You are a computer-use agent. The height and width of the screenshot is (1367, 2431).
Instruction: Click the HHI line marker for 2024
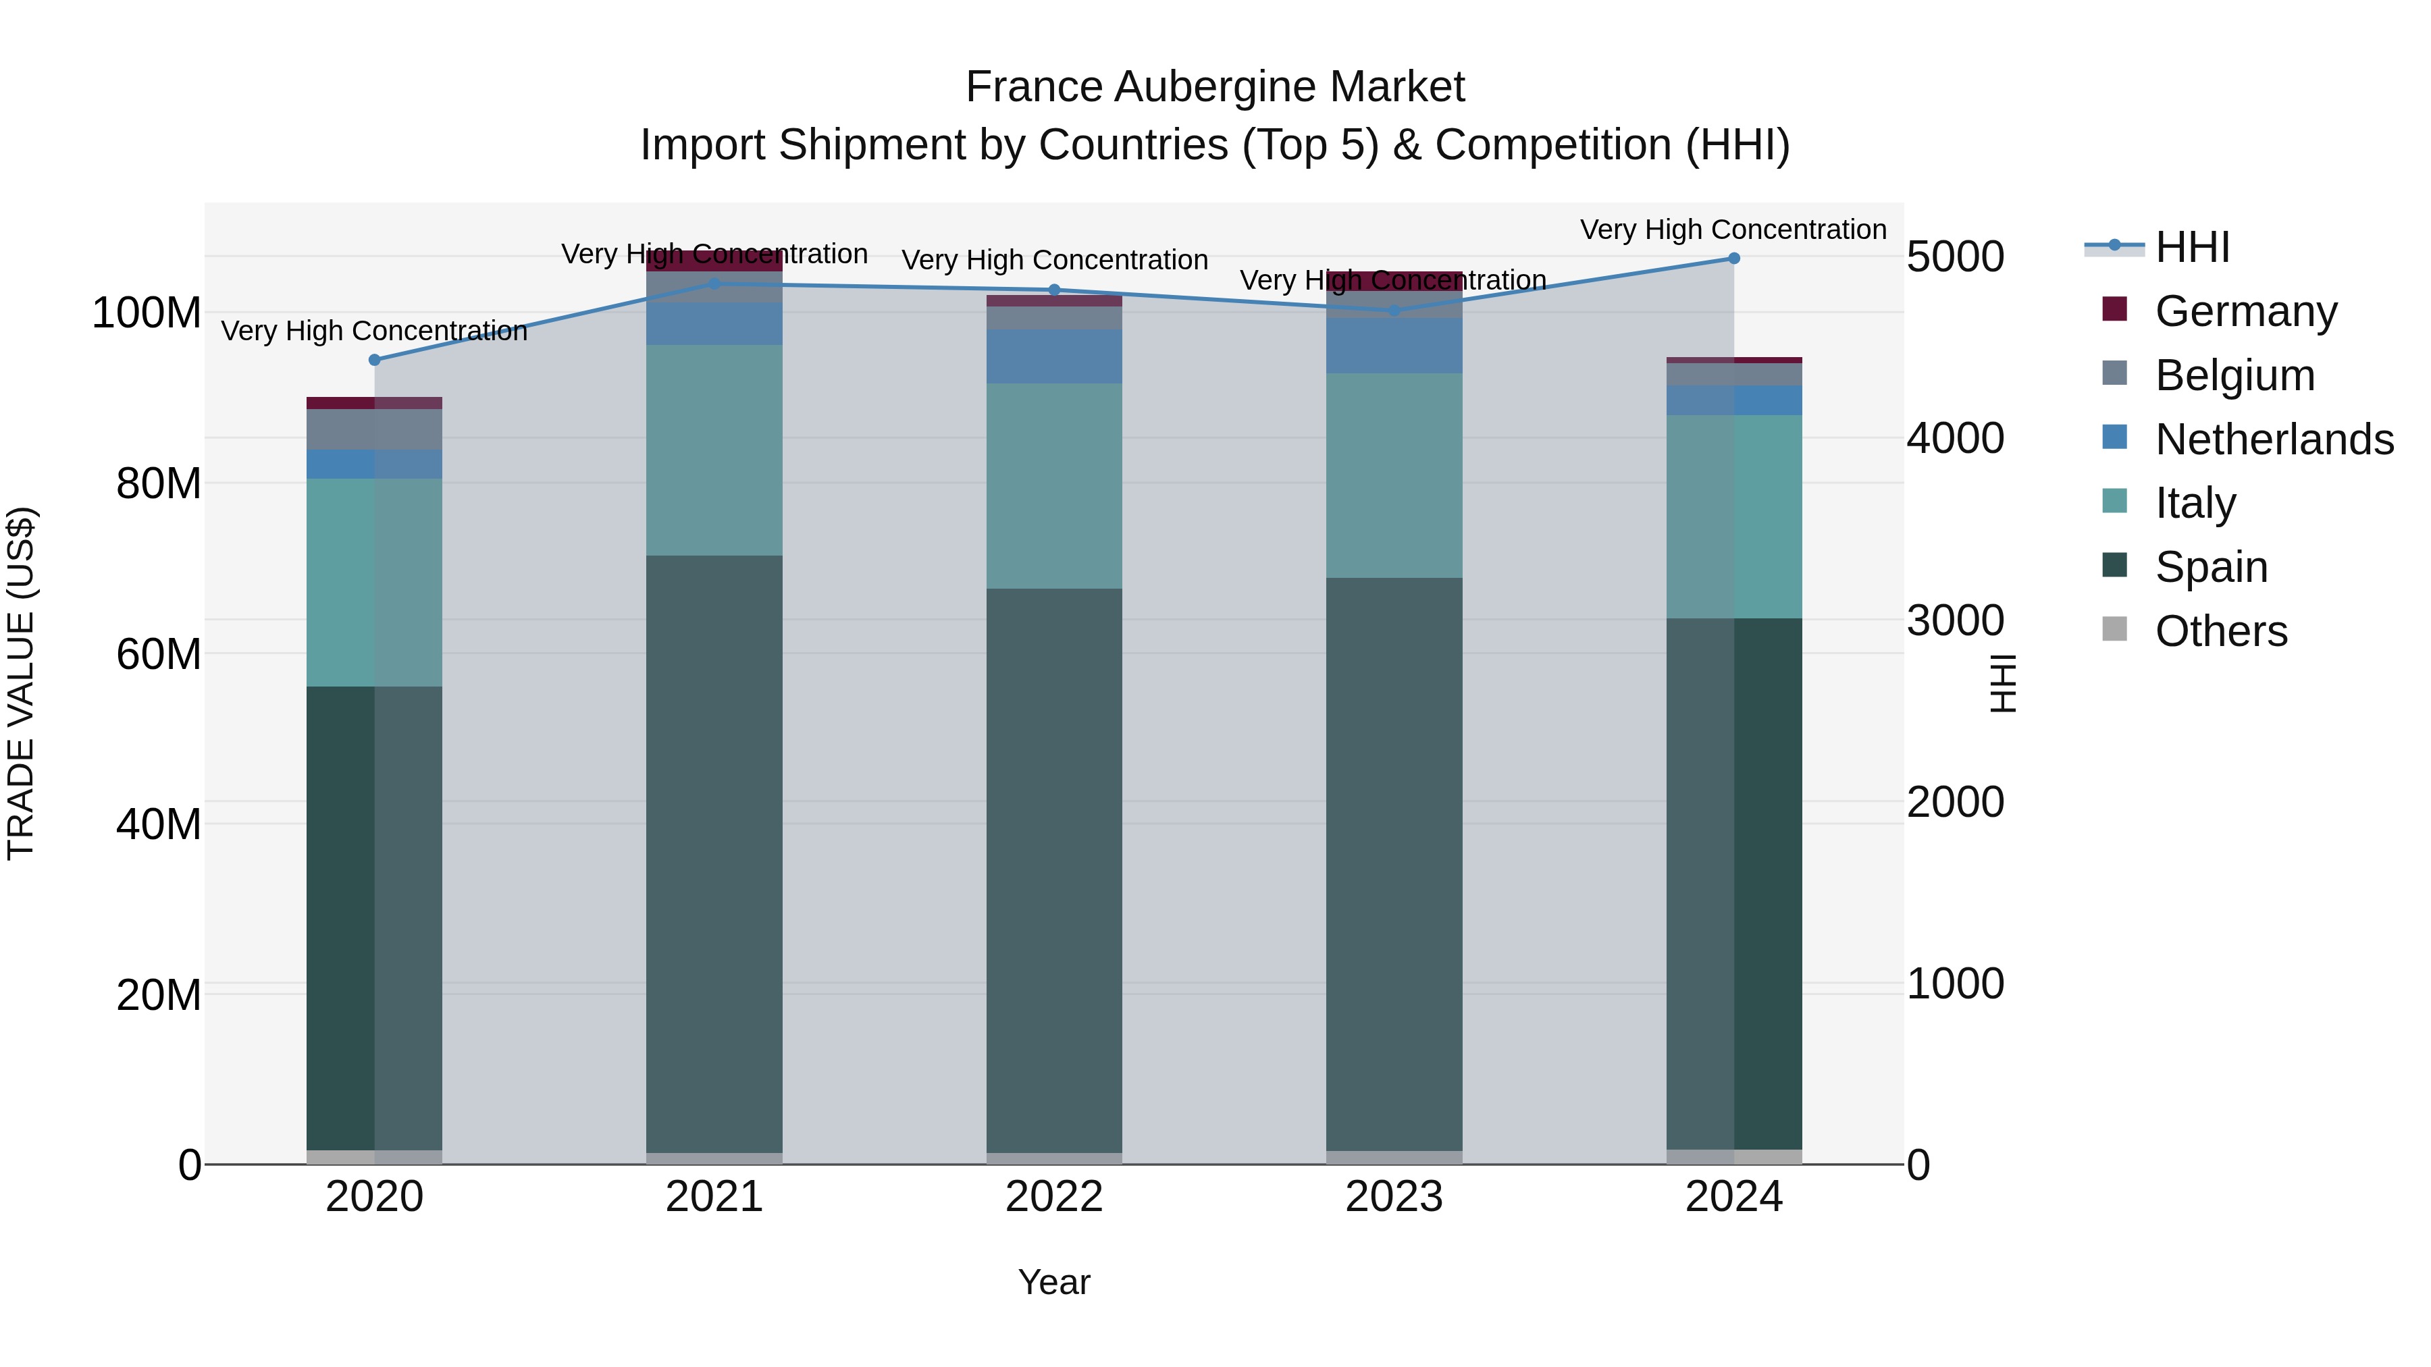pos(1733,259)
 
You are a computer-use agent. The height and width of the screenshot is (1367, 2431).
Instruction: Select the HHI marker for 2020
pos(375,359)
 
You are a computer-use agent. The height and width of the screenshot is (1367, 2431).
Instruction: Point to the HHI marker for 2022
pos(1054,290)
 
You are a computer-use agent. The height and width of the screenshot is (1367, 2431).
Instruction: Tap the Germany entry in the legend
pos(2246,311)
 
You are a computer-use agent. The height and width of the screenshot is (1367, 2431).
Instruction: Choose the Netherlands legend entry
pos(2274,439)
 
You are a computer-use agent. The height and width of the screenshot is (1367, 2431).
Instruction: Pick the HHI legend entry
pos(2192,246)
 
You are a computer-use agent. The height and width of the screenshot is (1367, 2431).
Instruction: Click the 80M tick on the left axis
pos(159,483)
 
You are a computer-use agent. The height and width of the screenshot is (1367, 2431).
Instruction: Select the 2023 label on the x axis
pos(1394,1197)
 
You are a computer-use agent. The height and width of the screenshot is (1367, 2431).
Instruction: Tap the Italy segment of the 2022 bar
pos(1054,486)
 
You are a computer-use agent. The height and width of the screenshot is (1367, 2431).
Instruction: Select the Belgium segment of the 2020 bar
pos(375,429)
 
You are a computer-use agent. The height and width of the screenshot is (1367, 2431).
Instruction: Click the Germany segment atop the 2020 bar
pos(375,403)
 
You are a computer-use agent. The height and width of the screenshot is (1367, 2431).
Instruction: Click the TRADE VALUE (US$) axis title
pos(21,683)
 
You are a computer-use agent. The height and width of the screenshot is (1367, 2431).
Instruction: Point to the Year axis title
pos(1054,1282)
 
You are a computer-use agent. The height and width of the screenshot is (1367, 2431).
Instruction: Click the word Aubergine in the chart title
pos(1215,87)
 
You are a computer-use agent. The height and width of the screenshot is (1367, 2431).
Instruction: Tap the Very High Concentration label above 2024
pos(1733,230)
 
